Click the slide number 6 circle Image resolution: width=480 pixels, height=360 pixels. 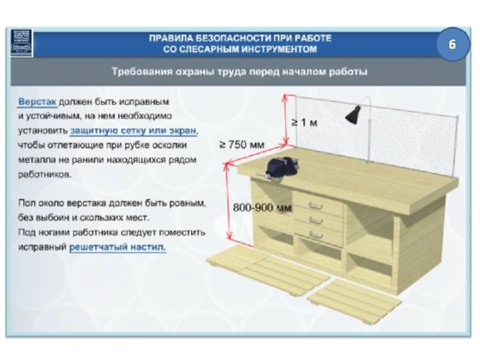click(x=452, y=44)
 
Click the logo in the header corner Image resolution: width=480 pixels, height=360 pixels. click(x=22, y=43)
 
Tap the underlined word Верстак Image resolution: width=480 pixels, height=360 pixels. click(x=37, y=102)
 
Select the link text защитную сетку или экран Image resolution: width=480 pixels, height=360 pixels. click(x=133, y=130)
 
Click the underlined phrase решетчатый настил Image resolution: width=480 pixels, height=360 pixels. click(x=117, y=247)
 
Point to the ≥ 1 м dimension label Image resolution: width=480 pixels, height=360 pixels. click(x=304, y=122)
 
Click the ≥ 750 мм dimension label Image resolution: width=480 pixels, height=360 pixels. click(x=241, y=144)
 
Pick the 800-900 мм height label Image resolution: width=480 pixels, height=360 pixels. click(x=262, y=208)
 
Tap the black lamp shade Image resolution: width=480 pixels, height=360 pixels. click(x=353, y=115)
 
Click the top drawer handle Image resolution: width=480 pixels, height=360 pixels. click(x=316, y=206)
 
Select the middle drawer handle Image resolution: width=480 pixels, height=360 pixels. click(x=316, y=220)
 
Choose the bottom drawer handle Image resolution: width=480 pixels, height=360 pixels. click(x=316, y=235)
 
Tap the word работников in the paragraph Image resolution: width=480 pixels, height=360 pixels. click(x=44, y=175)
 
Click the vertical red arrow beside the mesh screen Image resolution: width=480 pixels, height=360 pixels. click(x=286, y=119)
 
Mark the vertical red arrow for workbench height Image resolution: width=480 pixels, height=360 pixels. click(x=228, y=202)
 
